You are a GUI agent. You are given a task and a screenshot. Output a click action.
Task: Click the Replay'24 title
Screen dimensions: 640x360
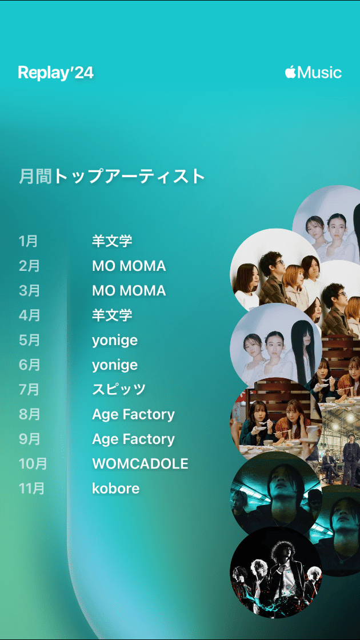point(55,73)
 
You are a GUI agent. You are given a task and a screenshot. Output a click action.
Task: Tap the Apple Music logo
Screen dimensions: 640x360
point(313,73)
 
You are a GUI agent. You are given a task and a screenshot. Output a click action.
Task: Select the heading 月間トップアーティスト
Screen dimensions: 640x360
point(112,176)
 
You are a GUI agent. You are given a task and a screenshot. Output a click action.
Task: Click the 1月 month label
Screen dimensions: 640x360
point(28,241)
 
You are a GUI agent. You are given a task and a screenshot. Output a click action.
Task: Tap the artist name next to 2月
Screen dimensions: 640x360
point(129,266)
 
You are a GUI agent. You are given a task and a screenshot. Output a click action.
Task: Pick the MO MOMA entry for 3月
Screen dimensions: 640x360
point(129,290)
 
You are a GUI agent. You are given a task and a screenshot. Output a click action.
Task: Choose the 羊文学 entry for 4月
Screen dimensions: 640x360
point(112,315)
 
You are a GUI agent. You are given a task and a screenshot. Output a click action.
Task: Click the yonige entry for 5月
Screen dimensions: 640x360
point(114,341)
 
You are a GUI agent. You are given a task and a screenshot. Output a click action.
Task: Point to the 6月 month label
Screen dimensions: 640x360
point(29,365)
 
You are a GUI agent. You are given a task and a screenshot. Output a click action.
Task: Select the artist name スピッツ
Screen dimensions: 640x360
point(119,390)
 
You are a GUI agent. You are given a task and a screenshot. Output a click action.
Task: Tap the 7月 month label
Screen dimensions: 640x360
point(29,390)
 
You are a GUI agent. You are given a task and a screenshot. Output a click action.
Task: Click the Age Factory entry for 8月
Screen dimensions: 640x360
point(133,414)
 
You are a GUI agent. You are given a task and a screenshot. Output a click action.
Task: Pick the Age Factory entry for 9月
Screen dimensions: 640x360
point(133,439)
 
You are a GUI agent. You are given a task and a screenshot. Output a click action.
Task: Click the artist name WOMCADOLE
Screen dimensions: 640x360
point(140,463)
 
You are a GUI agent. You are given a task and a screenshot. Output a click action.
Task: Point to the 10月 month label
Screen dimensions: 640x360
point(33,463)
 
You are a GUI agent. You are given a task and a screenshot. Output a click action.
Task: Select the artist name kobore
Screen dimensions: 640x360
point(115,489)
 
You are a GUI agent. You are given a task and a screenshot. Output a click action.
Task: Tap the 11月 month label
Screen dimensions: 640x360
point(32,489)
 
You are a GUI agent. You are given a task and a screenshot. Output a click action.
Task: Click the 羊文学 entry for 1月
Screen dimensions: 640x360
point(112,241)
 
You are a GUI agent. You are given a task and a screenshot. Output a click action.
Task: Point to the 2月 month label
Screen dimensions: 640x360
point(29,266)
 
